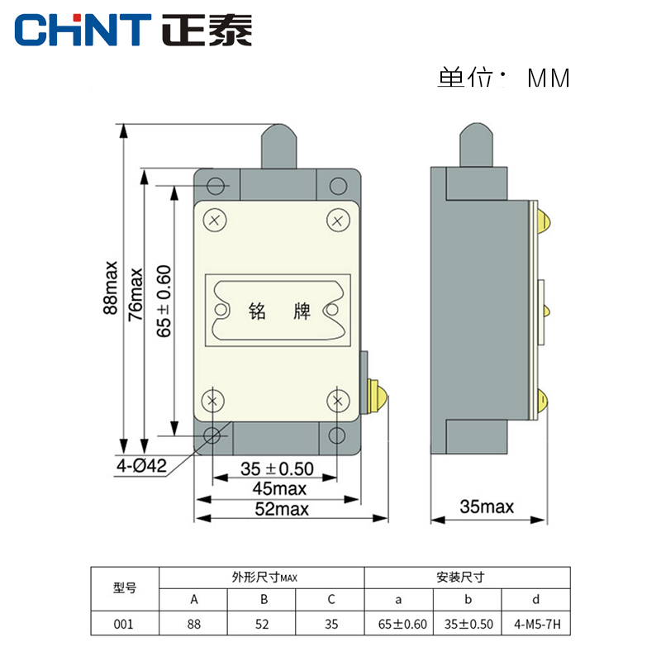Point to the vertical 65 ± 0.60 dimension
point(164,300)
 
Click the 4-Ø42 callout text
point(142,466)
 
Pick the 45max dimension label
point(274,489)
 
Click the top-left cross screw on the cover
point(215,220)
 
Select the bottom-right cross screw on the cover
point(338,401)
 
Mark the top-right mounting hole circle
point(337,185)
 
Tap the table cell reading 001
point(123,624)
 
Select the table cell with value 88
point(193,624)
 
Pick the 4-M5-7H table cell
point(536,624)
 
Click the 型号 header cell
point(123,588)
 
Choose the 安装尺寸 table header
point(467,578)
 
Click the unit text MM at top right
point(549,78)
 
